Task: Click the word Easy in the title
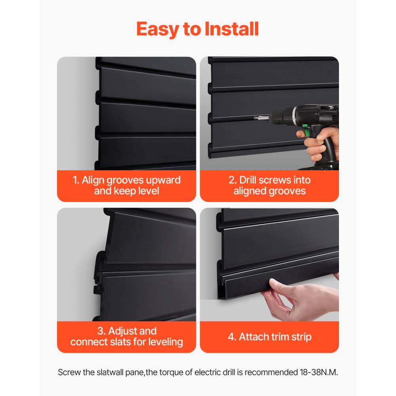156,29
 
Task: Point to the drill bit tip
245,118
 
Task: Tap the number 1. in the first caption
76,180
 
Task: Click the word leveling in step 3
163,342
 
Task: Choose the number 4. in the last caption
232,337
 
